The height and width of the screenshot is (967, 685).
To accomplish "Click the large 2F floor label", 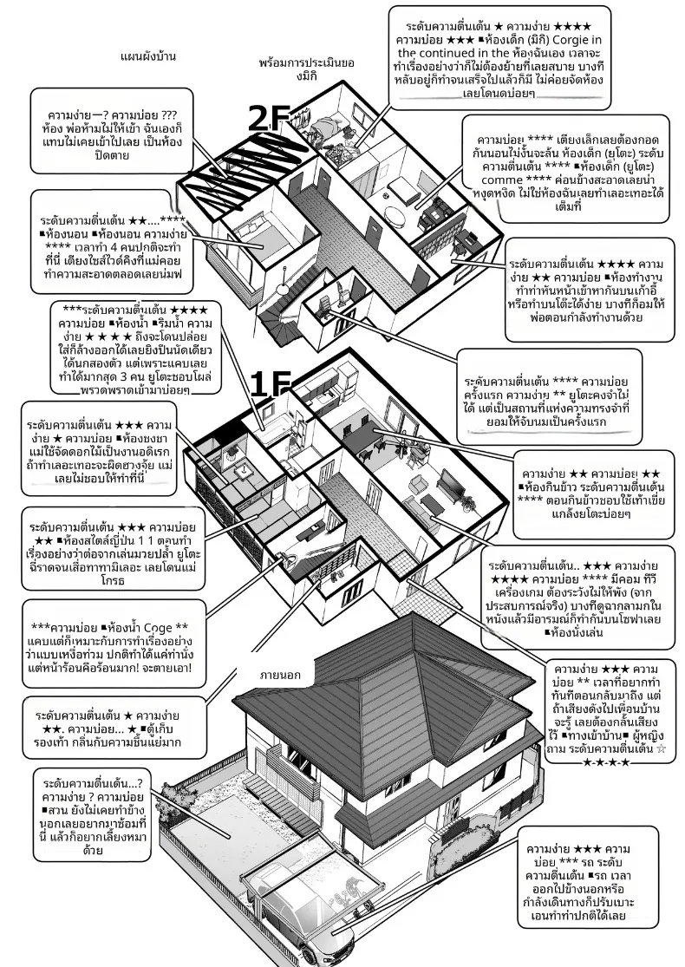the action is pos(268,119).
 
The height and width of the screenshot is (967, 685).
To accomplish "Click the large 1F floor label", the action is pos(270,385).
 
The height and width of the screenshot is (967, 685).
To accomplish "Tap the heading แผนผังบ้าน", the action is pos(148,56).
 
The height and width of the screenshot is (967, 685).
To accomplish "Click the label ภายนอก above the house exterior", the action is pos(280,675).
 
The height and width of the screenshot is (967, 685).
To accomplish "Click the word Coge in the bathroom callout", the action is pos(158,628).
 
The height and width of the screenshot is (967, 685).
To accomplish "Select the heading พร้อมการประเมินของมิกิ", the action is pos(306,69).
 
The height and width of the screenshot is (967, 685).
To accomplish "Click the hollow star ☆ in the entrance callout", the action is pos(645,749).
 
